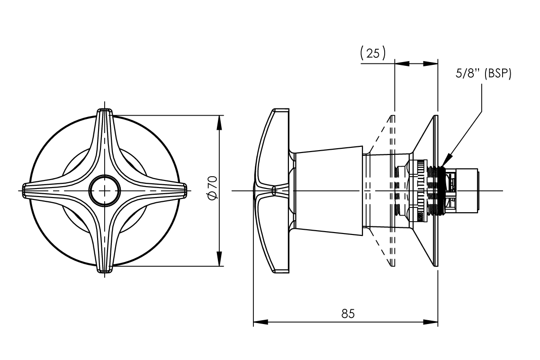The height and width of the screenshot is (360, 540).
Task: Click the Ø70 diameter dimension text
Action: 213,189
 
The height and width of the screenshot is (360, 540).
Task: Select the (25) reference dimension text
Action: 373,53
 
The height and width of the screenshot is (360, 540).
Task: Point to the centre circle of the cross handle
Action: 104,190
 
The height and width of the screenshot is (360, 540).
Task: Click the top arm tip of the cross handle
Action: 105,111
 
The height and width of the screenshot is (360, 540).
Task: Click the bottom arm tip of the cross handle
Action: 105,270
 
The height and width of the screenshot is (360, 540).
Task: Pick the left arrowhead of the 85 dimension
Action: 258,322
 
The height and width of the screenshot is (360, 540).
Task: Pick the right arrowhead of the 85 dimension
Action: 433,322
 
